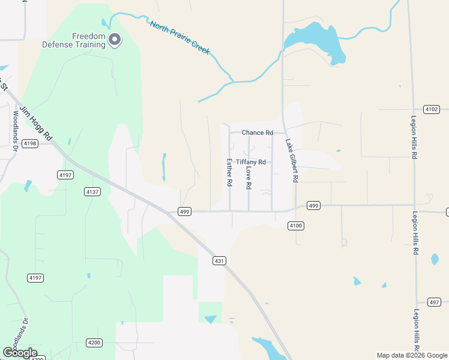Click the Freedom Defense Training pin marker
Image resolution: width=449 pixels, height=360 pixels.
click(x=115, y=40)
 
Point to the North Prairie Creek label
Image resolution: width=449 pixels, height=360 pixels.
click(x=179, y=38)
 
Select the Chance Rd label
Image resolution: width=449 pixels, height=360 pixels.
click(x=257, y=133)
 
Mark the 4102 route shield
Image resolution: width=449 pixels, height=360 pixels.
click(x=431, y=109)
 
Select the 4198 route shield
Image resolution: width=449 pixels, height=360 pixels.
click(x=29, y=143)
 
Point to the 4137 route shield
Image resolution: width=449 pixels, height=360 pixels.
click(x=92, y=191)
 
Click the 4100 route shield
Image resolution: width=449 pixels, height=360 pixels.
click(x=296, y=226)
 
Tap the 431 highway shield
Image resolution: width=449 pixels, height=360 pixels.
click(x=219, y=260)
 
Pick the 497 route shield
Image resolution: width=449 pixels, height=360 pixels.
click(x=435, y=302)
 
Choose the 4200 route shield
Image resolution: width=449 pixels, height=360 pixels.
click(x=94, y=343)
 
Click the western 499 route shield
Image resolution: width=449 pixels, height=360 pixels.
click(x=184, y=211)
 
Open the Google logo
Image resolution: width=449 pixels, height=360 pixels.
click(x=19, y=353)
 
